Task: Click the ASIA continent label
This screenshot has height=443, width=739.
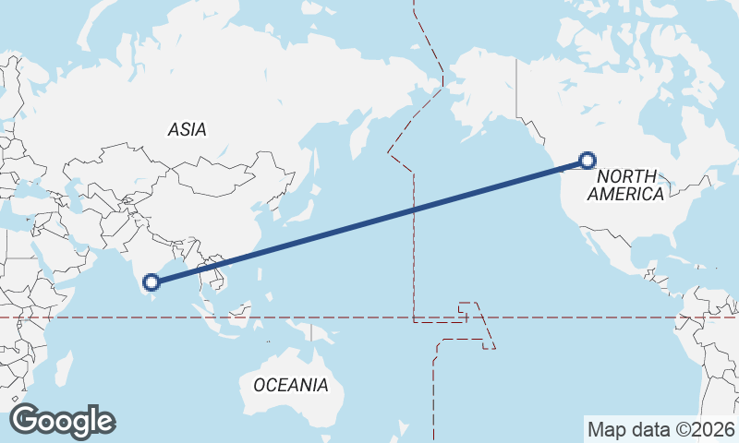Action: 188,130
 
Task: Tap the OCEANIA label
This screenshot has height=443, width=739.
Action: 290,385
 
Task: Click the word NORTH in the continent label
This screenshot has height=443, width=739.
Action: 626,176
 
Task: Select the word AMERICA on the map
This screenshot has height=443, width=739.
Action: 625,194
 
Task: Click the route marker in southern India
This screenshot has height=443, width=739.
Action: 151,281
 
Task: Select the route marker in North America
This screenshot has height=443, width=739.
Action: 587,161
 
